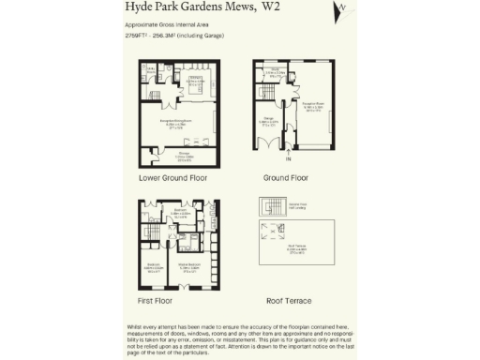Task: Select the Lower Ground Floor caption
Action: (x=172, y=177)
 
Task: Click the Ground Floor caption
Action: (x=286, y=177)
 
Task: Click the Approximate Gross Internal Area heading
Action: (x=170, y=24)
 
